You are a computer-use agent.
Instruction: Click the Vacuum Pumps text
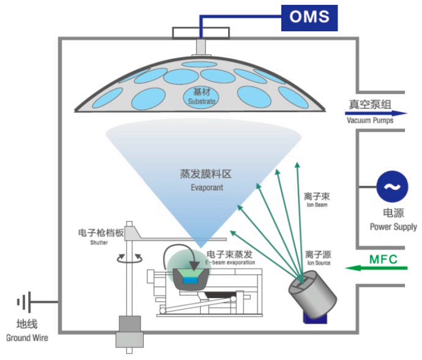[369, 121]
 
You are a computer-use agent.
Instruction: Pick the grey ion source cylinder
[315, 298]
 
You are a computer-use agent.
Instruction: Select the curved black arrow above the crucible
[189, 258]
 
